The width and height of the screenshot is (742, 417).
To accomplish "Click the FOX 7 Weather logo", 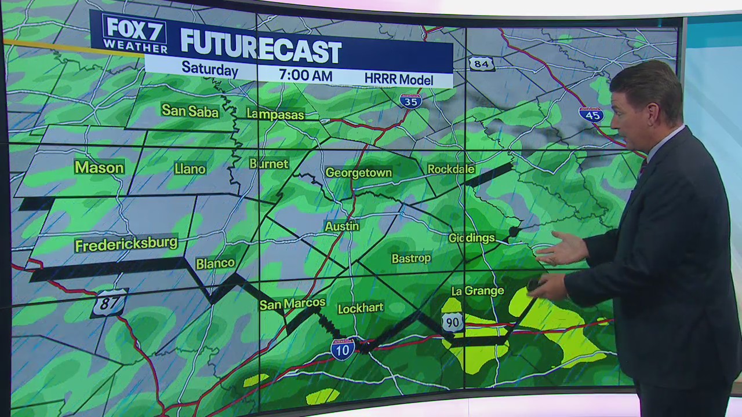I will point(134,34).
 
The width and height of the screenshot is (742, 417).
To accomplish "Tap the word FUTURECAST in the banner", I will point(260,50).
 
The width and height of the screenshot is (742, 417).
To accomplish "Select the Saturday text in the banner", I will point(210,69).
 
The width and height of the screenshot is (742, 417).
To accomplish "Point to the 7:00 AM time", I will point(305,75).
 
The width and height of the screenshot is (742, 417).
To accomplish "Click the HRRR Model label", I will point(399,79).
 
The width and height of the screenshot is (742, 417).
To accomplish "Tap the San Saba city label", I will point(190,111).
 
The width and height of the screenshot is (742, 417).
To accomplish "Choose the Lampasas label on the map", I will point(275,115).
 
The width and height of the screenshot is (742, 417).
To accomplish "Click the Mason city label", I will point(99,168).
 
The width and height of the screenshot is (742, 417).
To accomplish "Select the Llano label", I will point(190,169).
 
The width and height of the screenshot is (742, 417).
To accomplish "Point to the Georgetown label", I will point(359,173).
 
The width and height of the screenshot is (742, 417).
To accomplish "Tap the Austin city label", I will point(342,226).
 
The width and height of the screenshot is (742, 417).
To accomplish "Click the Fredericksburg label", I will point(126,244).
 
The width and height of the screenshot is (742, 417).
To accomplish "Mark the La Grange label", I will point(477,291).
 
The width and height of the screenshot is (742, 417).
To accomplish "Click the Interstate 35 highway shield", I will point(410,101).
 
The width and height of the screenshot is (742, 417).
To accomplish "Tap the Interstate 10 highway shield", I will point(343,349).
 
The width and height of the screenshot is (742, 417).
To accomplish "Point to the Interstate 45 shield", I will point(591,114).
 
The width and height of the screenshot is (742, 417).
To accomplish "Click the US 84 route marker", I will point(482,64).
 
